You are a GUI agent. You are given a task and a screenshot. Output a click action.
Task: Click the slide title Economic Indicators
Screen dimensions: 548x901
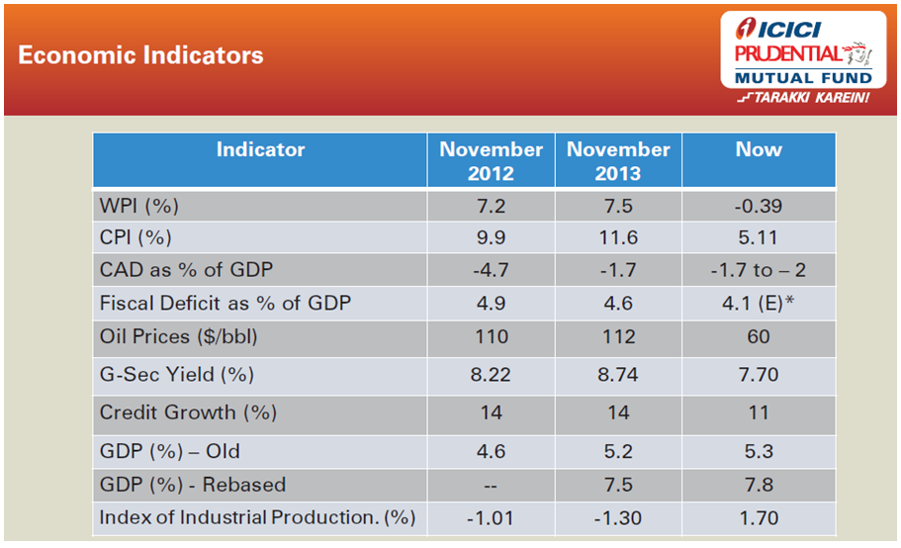[140, 55]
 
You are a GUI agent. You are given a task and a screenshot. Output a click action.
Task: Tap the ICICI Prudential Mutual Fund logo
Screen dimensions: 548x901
[802, 62]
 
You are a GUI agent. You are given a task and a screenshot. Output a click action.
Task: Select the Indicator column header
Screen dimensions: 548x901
[261, 150]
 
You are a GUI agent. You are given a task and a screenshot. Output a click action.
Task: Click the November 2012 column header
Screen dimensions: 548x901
[492, 161]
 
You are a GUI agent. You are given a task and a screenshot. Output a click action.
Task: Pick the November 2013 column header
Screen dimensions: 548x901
[618, 161]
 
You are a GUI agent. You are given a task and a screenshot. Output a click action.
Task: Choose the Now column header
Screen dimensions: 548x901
[759, 150]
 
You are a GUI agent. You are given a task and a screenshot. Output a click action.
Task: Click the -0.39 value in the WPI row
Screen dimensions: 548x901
[759, 207]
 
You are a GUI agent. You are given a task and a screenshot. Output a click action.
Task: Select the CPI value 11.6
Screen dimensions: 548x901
[618, 238]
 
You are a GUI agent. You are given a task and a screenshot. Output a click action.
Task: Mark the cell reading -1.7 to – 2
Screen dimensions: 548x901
[759, 270]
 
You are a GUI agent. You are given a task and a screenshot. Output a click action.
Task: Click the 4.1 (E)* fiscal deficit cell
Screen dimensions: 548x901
[759, 302]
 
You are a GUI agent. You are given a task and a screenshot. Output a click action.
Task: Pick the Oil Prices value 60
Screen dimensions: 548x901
[759, 336]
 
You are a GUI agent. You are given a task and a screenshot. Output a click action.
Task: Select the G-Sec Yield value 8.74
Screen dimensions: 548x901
[618, 375]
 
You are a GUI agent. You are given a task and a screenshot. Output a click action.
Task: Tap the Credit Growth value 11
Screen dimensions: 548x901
[759, 412]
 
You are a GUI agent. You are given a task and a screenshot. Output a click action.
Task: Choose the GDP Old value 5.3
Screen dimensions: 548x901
[759, 451]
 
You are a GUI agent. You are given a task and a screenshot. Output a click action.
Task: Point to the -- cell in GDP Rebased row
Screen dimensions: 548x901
[492, 485]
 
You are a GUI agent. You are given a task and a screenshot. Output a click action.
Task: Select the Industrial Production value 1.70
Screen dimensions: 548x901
[759, 517]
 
